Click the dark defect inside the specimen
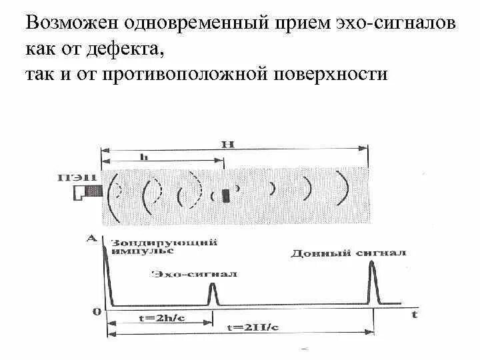pos(226,195)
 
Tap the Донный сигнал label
pos(348,253)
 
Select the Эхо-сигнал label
pos(195,273)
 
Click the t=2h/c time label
pos(153,318)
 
